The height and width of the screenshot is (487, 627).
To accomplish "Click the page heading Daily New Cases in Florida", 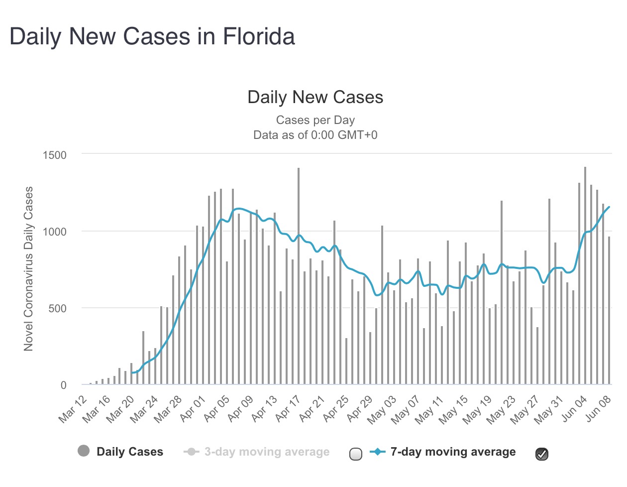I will (152, 36).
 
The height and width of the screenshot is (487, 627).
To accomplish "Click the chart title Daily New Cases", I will (315, 97).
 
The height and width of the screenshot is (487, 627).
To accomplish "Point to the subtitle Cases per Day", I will (315, 120).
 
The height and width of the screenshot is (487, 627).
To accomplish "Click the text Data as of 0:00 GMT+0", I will (315, 135).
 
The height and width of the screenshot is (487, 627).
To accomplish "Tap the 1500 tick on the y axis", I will (55, 155).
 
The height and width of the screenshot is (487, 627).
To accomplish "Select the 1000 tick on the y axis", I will (55, 232).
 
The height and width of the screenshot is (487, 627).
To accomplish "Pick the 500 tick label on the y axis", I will (57, 308).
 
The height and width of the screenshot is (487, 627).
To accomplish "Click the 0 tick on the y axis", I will (63, 385).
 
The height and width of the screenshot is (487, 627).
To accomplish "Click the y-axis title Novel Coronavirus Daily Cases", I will (28, 269).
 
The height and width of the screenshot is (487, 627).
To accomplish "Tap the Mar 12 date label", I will (73, 409).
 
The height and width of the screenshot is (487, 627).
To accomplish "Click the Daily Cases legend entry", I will (129, 452).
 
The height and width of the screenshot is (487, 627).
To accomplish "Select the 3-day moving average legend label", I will (267, 452).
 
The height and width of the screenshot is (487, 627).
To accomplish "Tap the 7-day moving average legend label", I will (453, 452).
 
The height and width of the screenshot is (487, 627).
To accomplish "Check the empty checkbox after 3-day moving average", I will (356, 454).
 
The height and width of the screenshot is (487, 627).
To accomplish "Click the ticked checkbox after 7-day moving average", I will (542, 454).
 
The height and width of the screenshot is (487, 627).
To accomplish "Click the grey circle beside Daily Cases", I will (84, 451).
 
